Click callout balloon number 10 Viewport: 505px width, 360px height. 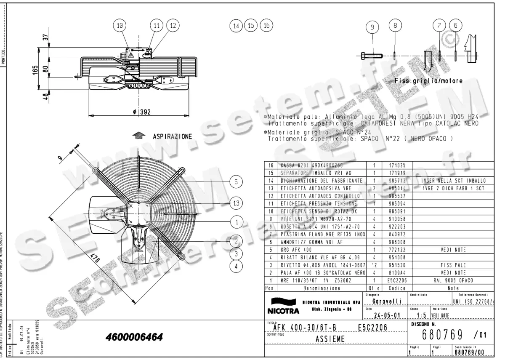click(121, 25)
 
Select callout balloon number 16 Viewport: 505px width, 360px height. click(266, 25)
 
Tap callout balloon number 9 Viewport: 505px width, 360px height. click(372, 28)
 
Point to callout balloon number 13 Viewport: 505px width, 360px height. click(237, 203)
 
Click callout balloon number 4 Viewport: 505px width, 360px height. click(237, 266)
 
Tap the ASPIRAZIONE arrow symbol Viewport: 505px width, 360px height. click(138, 136)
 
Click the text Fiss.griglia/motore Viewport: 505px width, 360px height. click(428, 81)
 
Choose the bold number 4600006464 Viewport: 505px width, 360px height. click(134, 338)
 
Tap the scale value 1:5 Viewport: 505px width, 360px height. click(420, 315)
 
